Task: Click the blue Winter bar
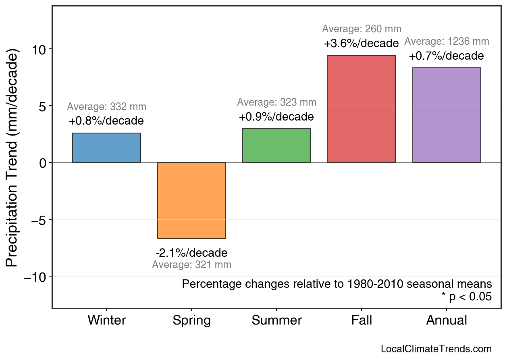tap(106, 148)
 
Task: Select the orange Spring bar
tap(191, 200)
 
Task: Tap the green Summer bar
tap(276, 146)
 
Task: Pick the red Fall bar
tap(362, 109)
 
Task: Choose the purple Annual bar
tap(447, 115)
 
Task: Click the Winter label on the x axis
tap(106, 320)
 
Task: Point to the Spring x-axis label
tap(191, 321)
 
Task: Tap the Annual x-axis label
tap(447, 320)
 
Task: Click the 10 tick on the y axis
tap(39, 49)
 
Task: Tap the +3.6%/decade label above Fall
tap(361, 44)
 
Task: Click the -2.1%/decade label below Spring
tap(191, 253)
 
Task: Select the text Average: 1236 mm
tap(447, 42)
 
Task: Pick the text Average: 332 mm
tap(106, 107)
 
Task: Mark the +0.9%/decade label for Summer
tap(276, 117)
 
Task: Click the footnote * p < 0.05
tap(466, 297)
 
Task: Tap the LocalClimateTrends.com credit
tap(436, 349)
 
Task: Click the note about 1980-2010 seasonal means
tap(337, 284)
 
